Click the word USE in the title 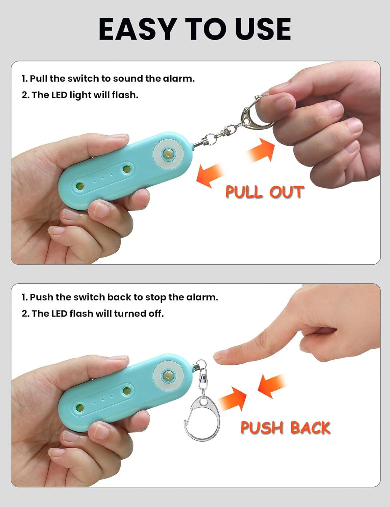[263, 29]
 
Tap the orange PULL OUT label [265, 192]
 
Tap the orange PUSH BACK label [285, 428]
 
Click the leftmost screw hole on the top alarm [80, 186]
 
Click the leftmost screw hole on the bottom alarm [80, 407]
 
